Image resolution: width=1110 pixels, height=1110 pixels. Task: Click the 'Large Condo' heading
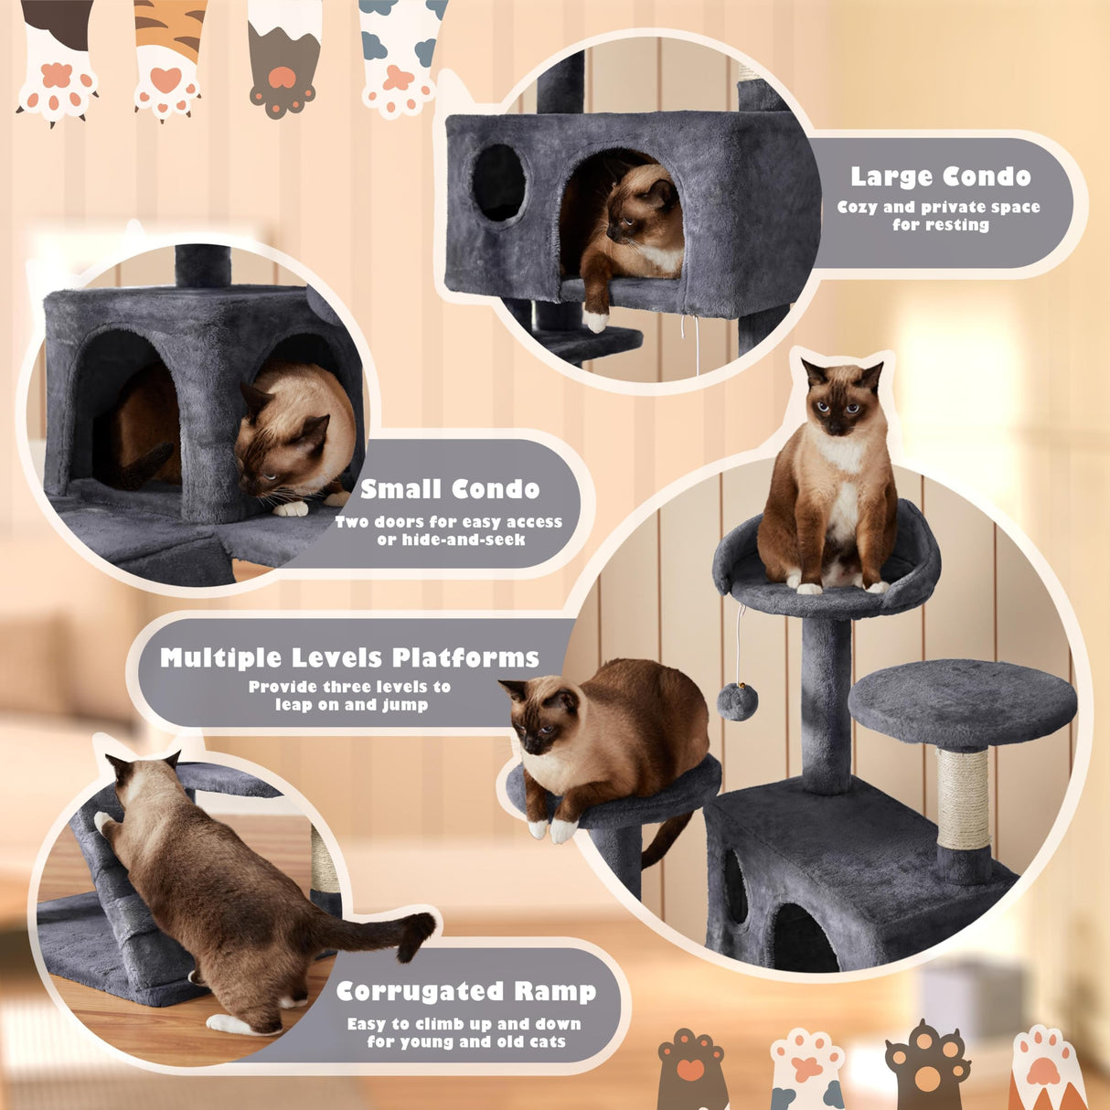click(940, 176)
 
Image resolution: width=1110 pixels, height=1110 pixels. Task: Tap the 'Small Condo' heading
click(450, 489)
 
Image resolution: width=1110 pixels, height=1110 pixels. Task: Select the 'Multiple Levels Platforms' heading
click(349, 657)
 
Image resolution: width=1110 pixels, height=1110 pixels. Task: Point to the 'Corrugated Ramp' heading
click(466, 991)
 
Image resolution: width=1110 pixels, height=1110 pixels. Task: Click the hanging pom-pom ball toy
click(736, 701)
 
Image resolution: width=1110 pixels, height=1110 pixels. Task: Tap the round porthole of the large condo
click(498, 183)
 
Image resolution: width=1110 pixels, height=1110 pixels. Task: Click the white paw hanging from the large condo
click(596, 319)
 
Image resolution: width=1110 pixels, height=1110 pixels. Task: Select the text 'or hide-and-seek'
click(451, 540)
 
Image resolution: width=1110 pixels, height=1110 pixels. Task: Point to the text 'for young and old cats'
click(466, 1042)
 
